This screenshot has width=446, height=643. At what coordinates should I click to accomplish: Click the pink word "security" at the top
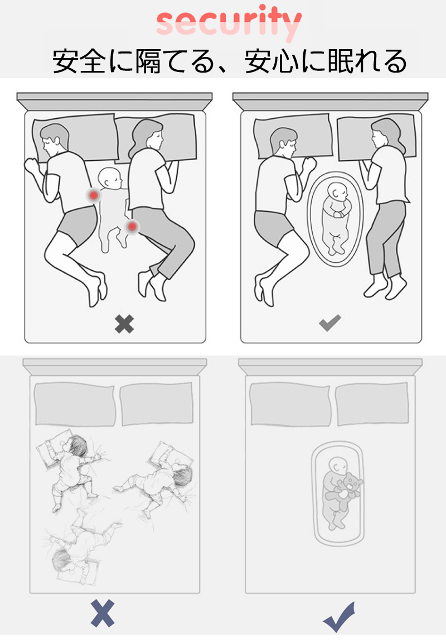coord(229,22)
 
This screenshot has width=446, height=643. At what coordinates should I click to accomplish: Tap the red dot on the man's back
coord(94,195)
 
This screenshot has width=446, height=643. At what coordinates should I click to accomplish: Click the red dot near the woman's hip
coord(132,226)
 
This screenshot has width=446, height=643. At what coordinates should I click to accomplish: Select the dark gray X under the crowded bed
coord(124,324)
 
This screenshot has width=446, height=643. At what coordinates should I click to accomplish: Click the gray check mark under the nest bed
coord(329,323)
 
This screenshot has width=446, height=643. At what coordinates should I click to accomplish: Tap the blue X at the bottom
coord(103,613)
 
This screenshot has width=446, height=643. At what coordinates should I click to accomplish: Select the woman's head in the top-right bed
coord(386,134)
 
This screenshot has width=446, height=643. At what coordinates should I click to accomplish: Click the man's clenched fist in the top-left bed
coord(31,165)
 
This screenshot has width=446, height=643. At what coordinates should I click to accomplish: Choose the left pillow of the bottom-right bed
coord(290,404)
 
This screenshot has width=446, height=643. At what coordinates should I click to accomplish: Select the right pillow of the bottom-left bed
coord(157,404)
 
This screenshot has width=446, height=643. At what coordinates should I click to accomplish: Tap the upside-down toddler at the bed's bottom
coord(80,548)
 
